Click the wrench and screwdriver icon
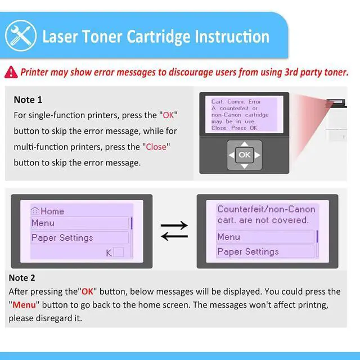[21, 36]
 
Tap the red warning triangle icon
[11, 73]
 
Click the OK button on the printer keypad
[245, 155]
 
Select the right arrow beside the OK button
[258, 155]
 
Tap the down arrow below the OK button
[245, 166]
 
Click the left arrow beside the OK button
[231, 155]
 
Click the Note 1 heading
[28, 100]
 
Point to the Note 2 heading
[22, 278]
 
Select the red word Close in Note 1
[156, 147]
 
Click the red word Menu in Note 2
[24, 305]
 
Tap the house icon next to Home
[35, 211]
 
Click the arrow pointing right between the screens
[174, 226]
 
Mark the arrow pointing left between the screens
[174, 236]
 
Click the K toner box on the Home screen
[119, 252]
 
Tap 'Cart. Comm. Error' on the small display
[236, 101]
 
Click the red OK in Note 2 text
[88, 291]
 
